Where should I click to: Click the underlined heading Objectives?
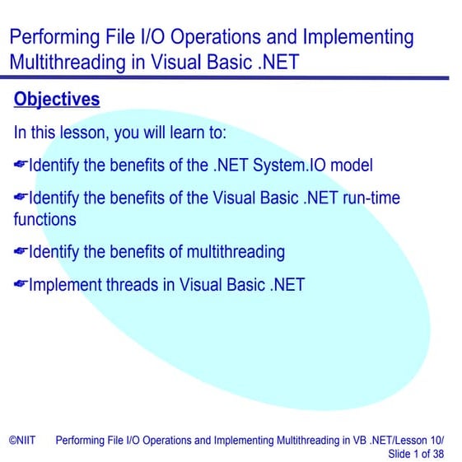(x=57, y=100)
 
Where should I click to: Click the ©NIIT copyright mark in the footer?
(x=22, y=441)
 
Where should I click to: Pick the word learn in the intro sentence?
(x=185, y=133)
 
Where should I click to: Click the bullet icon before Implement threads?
(x=21, y=285)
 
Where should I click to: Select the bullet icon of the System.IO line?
(x=21, y=166)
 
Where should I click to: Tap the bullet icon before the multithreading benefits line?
(x=21, y=252)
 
